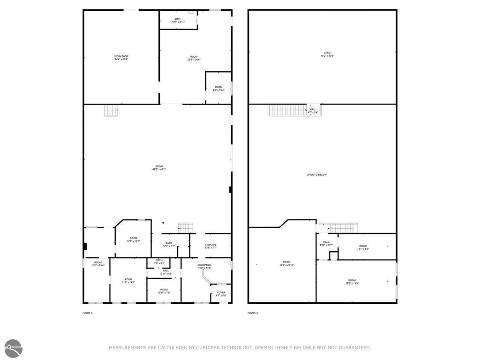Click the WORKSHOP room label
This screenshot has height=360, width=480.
121,58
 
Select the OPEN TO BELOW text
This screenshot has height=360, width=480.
317,175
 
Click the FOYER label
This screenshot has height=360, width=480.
221,294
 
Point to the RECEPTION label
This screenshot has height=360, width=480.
204,267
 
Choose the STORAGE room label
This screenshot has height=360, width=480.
210,246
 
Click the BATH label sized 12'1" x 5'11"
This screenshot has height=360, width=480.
178,20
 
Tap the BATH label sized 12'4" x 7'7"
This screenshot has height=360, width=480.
169,244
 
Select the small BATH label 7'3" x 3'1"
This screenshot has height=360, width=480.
159,262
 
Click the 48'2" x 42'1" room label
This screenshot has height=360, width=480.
159,168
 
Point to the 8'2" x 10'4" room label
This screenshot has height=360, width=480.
218,88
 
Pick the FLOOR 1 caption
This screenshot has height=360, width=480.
88,313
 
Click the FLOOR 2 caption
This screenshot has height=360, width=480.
253,313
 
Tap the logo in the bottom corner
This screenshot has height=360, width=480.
14,347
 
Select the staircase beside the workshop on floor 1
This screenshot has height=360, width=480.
111,111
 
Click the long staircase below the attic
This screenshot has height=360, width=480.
287,110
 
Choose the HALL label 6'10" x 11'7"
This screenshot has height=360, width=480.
326,243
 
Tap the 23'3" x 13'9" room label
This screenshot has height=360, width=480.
352,281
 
